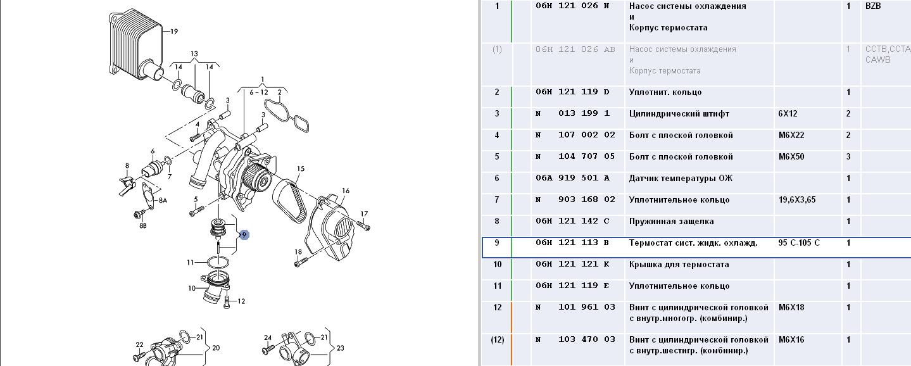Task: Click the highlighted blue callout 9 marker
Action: (x=244, y=235)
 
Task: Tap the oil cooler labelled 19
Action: (x=136, y=45)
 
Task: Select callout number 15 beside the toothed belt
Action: (x=301, y=169)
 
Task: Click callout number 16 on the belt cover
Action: (x=346, y=191)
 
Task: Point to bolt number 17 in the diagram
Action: (x=363, y=225)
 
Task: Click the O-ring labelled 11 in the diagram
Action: (x=218, y=262)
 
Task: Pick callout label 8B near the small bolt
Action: (x=142, y=225)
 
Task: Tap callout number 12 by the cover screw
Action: (x=241, y=301)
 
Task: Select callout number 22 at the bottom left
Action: (x=139, y=345)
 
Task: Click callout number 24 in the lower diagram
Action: (x=268, y=338)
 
